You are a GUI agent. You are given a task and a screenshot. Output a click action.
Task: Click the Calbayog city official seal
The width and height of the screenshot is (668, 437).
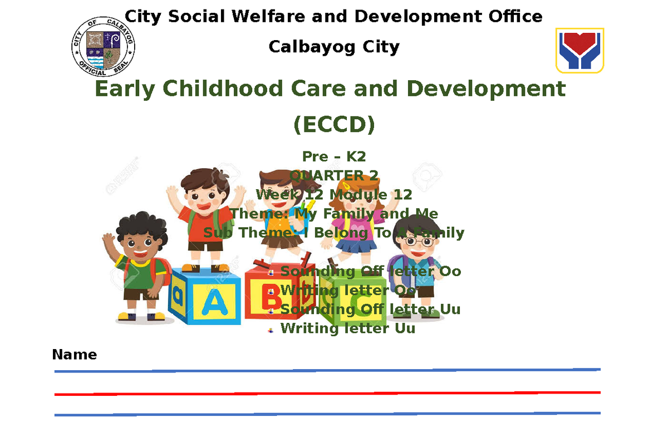click(104, 46)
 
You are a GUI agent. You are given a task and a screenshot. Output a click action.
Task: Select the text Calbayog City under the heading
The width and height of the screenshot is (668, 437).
click(334, 47)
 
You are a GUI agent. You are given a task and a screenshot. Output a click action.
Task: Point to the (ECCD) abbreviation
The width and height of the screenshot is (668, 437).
click(334, 125)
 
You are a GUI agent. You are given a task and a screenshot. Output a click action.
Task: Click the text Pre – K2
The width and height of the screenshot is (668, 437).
click(334, 156)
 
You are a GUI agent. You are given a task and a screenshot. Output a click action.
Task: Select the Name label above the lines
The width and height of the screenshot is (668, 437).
click(74, 355)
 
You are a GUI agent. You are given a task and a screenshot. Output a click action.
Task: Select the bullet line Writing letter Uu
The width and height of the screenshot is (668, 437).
click(347, 328)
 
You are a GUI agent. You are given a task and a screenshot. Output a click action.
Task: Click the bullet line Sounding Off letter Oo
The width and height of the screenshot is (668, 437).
click(370, 271)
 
